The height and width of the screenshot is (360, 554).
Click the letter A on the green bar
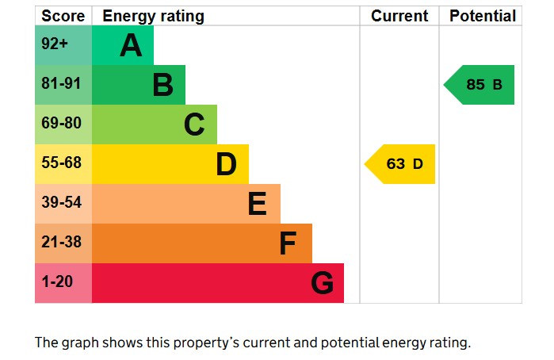131,46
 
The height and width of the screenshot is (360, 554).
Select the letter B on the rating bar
162,85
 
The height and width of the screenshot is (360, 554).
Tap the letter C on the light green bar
194,124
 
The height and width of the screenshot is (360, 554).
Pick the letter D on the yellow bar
226,164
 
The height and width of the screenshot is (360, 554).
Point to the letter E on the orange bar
257,204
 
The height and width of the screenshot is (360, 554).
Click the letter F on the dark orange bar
288,243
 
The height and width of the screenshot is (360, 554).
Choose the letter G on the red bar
322,283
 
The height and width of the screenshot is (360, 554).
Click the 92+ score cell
55,44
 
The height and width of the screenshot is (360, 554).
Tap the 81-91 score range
62,84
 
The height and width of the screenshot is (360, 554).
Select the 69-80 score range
62,124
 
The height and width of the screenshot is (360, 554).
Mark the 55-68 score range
62,163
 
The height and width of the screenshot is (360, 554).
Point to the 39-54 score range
62,203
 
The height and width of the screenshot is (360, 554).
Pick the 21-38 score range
62,243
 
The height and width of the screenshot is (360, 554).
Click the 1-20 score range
57,282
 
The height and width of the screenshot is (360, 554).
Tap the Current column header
399,16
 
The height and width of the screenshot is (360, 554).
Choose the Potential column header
482,16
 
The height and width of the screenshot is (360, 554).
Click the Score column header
63,16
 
